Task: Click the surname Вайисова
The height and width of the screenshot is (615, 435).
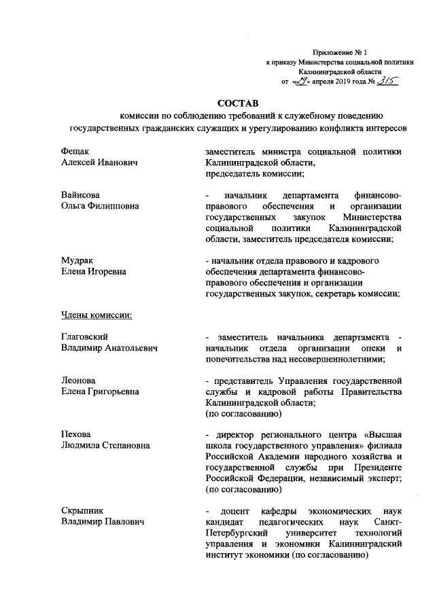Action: [x=80, y=195]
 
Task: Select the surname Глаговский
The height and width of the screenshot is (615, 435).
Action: [x=85, y=337]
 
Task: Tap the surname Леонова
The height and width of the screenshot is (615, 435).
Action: [x=78, y=381]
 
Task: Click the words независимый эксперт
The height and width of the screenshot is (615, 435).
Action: [x=355, y=478]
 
